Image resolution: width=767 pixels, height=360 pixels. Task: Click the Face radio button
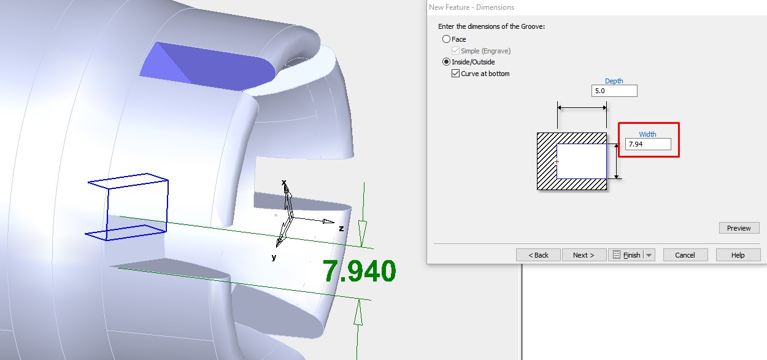tap(446, 39)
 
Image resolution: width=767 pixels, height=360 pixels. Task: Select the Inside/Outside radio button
tap(446, 62)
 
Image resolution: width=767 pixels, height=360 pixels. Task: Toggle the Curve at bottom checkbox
tap(455, 74)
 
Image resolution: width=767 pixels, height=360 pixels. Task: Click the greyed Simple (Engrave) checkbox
tap(455, 51)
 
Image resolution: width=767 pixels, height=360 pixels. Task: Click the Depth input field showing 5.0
tap(614, 91)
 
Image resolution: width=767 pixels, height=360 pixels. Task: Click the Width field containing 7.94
tap(647, 144)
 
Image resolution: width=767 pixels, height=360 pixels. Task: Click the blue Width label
tap(647, 134)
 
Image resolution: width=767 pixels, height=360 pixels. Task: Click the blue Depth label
tap(614, 81)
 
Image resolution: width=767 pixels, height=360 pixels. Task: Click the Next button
tap(584, 255)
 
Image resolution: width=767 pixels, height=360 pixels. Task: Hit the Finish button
tap(625, 255)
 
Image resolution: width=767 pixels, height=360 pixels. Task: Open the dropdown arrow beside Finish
tap(649, 255)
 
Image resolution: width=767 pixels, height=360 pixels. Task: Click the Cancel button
tap(685, 255)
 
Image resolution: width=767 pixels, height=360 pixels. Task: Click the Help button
tap(738, 255)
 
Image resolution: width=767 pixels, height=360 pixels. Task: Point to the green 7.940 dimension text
tap(360, 271)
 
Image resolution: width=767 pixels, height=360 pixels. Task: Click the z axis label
tap(341, 228)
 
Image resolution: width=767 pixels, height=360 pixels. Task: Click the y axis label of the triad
tap(274, 258)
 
